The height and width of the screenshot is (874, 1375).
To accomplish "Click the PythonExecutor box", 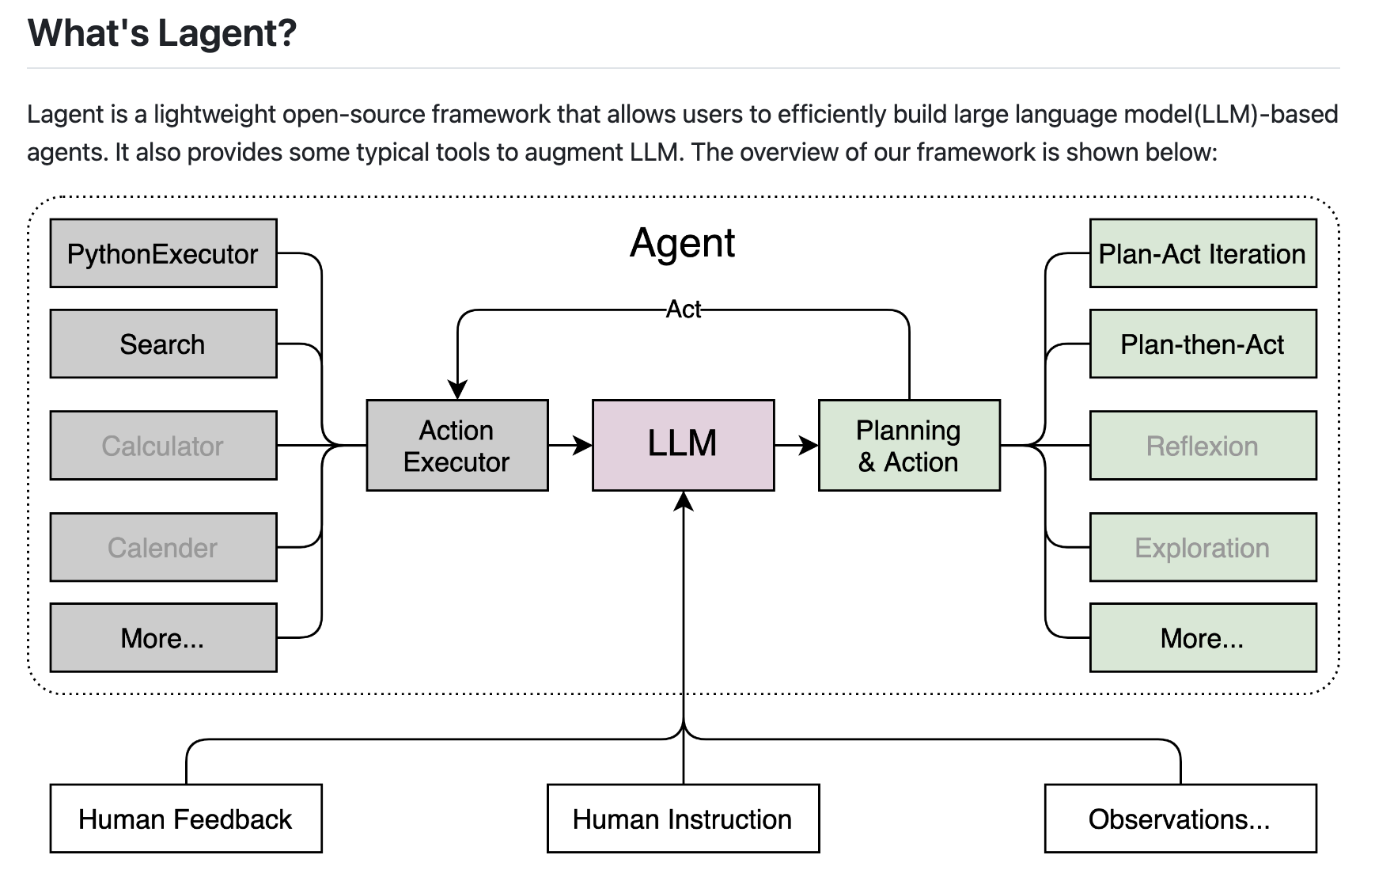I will point(163,253).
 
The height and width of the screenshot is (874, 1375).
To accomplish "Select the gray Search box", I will point(163,344).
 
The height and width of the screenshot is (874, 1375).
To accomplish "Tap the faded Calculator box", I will point(163,445).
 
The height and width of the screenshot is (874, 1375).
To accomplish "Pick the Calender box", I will point(163,547).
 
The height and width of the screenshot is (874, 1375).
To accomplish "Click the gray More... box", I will point(163,637).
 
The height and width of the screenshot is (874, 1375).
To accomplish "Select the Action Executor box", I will point(456,445).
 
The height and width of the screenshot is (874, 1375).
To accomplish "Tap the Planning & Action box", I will point(908,445).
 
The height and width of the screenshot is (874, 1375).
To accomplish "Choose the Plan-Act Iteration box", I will point(1202,253).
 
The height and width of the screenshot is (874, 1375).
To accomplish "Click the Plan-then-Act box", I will point(1202,344).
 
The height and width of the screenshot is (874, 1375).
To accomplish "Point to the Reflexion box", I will point(1202,445).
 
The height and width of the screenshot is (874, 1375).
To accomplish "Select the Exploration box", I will point(1202,547).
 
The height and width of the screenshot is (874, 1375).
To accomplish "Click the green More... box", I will point(1202,637).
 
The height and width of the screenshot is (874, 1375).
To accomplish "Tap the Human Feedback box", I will point(185,819).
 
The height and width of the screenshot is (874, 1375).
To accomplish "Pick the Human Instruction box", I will point(683,819).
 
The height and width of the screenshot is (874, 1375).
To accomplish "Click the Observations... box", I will point(1180,819).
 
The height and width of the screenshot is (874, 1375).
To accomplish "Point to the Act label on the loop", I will point(684,310).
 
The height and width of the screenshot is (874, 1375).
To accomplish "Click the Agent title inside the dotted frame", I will point(682,242).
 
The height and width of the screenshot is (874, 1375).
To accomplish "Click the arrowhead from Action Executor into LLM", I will point(583,445).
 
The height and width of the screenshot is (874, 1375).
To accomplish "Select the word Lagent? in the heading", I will point(227,33).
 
